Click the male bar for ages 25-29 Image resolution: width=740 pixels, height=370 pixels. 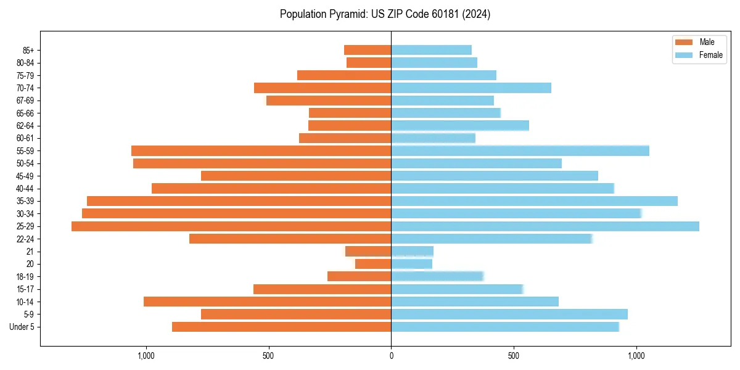click(231, 226)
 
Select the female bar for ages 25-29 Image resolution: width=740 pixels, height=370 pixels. click(545, 226)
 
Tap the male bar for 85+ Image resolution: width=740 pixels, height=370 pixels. click(368, 50)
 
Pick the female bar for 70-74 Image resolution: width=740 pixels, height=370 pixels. click(471, 88)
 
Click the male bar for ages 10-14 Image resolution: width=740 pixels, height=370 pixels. click(267, 302)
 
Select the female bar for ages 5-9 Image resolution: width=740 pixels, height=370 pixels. click(509, 314)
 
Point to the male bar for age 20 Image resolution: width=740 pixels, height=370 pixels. click(373, 264)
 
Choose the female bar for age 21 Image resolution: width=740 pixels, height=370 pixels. click(413, 252)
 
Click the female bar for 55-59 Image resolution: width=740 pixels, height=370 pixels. click(520, 151)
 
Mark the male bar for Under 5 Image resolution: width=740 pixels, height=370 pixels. click(281, 327)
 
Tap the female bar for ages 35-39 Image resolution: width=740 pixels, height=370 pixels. click(534, 201)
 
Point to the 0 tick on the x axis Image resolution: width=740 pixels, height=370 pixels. click(391, 356)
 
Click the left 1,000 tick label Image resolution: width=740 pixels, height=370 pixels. click(146, 356)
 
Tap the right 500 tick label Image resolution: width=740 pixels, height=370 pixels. click(513, 356)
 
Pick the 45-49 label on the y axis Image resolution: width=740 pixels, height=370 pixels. click(25, 176)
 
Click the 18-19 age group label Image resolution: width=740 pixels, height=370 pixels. click(25, 277)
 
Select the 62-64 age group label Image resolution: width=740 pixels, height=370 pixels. click(25, 126)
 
